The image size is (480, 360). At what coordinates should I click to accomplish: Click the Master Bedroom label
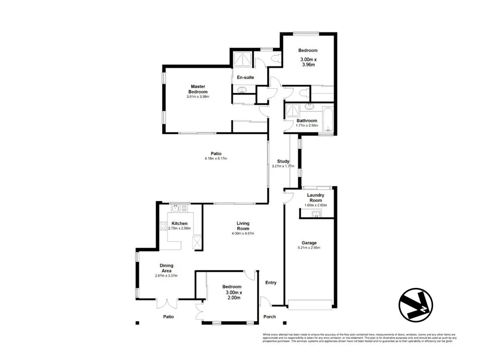[198, 89]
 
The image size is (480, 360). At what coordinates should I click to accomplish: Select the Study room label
[283, 161]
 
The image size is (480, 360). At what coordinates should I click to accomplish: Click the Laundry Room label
[316, 198]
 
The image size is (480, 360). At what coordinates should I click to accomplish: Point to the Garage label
[309, 243]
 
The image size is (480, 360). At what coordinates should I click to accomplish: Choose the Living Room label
[243, 226]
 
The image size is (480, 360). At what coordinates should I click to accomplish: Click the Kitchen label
[180, 224]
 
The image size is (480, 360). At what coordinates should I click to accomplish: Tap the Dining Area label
[167, 268]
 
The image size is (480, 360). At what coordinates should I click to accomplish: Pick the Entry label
[271, 283]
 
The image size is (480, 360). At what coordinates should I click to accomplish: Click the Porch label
[270, 317]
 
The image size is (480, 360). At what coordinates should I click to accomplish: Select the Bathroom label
[306, 120]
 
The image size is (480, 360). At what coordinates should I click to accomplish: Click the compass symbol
[415, 304]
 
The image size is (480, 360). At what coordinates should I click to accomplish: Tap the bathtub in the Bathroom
[328, 120]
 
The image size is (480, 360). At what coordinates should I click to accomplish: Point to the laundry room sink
[316, 214]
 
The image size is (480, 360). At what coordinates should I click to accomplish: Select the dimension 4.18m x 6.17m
[216, 158]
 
